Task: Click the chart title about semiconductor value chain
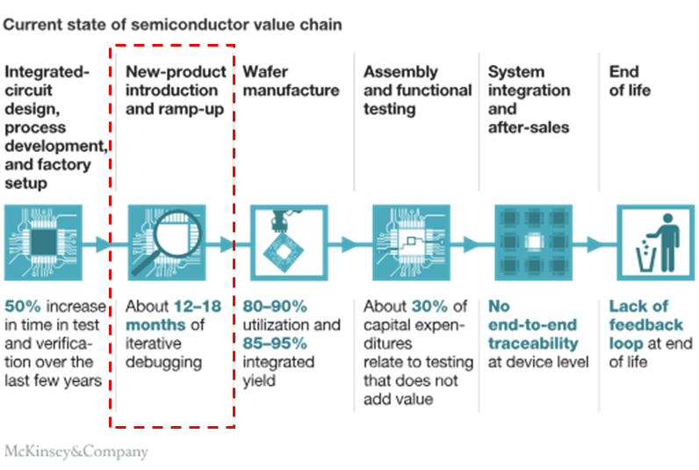[x=173, y=25]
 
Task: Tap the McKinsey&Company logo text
[x=76, y=452]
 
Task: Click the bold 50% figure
[x=23, y=307]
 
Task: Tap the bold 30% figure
[x=429, y=307]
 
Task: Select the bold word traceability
[x=534, y=343]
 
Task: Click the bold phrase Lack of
[x=638, y=307]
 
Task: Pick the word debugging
[x=164, y=362]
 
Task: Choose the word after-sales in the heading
[x=529, y=127]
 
